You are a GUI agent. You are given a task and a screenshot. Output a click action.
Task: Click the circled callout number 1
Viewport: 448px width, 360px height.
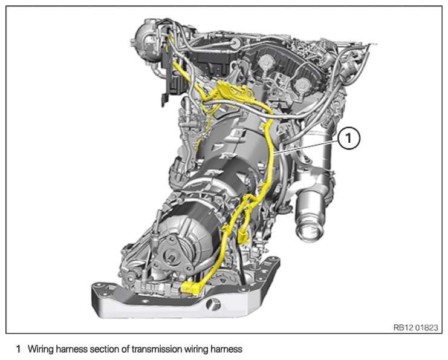[349, 139]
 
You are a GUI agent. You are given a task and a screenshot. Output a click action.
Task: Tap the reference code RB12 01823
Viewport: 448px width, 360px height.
[415, 327]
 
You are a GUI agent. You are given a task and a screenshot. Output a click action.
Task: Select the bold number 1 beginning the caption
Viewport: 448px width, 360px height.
[19, 349]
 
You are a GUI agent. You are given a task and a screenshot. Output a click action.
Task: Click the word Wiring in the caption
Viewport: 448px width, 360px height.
[40, 349]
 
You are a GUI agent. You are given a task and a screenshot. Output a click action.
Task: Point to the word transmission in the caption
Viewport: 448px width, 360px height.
[157, 349]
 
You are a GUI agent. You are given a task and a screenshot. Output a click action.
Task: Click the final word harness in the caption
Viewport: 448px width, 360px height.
[226, 349]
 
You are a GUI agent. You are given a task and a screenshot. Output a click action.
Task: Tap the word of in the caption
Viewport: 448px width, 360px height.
[126, 349]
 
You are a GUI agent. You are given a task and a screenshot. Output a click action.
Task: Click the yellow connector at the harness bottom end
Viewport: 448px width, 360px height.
[190, 287]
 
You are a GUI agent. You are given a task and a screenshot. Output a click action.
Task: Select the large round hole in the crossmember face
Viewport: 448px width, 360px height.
[213, 305]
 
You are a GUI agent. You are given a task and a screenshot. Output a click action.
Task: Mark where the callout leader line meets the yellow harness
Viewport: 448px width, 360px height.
[274, 154]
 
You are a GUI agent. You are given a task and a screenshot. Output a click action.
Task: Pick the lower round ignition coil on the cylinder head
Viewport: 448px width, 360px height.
[302, 85]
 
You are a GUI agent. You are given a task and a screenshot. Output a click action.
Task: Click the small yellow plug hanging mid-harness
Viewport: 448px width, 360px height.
[243, 235]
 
